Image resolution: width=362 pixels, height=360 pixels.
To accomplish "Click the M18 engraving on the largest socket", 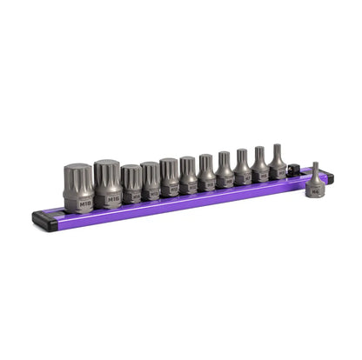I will pyautogui.click(x=84, y=204).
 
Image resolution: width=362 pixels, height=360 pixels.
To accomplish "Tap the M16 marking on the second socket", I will pyautogui.click(x=112, y=199).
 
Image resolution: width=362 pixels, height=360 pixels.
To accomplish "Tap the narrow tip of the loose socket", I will pyautogui.click(x=315, y=168).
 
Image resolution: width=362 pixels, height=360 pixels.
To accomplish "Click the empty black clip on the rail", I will pyautogui.click(x=294, y=169).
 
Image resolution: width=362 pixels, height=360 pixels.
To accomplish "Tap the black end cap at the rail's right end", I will pyautogui.click(x=330, y=177).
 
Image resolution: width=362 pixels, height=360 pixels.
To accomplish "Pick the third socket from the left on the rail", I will pyautogui.click(x=131, y=185).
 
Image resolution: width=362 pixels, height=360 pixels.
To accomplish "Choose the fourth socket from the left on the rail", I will pyautogui.click(x=151, y=182).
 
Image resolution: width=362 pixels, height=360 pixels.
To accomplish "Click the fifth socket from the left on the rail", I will pyautogui.click(x=170, y=177).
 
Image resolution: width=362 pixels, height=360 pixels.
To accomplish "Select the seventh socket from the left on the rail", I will pyautogui.click(x=206, y=173).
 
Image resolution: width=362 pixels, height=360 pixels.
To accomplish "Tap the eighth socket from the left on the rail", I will pyautogui.click(x=225, y=170).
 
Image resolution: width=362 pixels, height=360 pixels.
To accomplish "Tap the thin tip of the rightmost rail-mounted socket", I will pyautogui.click(x=276, y=150).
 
